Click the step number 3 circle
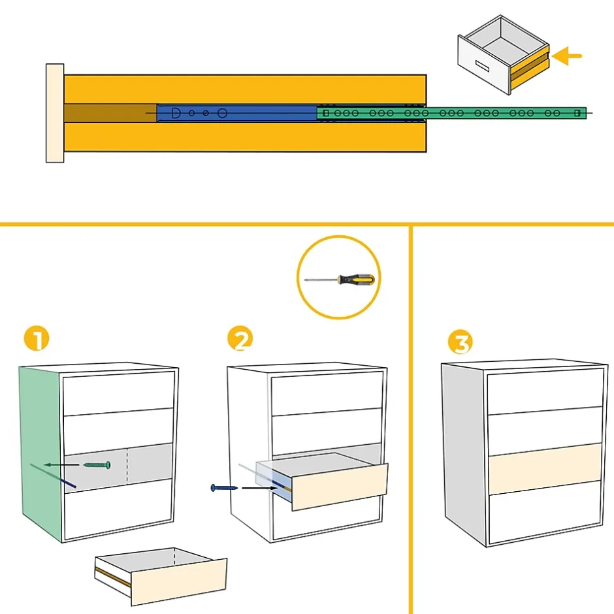(460, 342)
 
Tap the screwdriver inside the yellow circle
(340, 280)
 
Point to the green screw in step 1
(97, 464)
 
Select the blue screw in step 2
(219, 487)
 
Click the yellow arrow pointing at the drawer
(567, 57)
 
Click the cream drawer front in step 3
(544, 468)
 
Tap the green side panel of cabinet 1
(39, 451)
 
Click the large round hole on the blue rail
(222, 113)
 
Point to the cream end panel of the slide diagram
(55, 113)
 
